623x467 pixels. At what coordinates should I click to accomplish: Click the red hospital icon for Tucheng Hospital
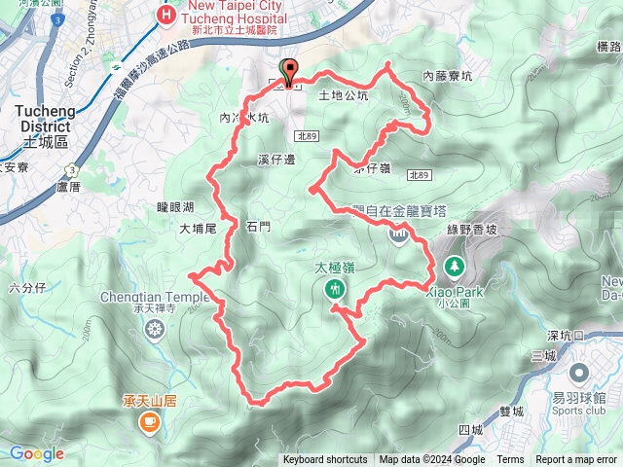(166, 15)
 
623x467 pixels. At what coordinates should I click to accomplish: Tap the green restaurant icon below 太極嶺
(335, 288)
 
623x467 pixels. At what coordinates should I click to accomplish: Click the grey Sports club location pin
(578, 374)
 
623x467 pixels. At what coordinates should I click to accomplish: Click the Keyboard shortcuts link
(325, 460)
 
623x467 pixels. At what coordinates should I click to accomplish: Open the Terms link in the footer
(510, 460)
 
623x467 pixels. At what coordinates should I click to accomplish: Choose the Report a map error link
(576, 460)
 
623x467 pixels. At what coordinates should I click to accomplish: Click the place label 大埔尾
(198, 230)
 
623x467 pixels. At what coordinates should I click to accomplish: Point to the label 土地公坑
(344, 95)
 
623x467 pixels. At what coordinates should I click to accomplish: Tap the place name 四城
(470, 430)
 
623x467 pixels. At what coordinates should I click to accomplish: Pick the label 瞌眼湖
(175, 207)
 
